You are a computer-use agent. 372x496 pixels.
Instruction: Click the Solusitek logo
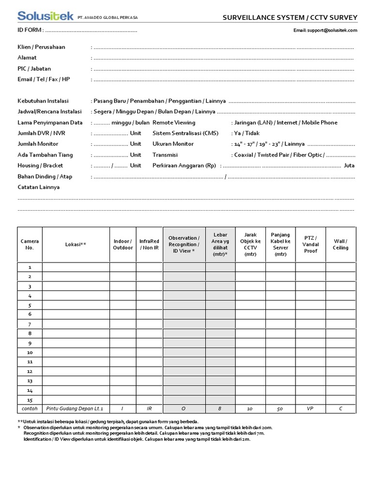click(x=45, y=16)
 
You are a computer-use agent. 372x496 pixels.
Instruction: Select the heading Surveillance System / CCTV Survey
click(x=290, y=18)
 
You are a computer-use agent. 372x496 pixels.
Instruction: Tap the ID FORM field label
click(x=31, y=30)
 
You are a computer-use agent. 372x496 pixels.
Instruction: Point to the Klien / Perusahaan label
click(x=41, y=47)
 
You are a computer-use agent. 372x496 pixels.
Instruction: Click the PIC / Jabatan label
click(x=34, y=69)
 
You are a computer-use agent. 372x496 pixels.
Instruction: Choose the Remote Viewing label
click(x=174, y=123)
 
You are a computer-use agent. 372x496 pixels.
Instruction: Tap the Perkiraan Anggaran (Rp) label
click(x=184, y=165)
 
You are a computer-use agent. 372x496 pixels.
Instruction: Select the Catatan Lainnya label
click(x=38, y=187)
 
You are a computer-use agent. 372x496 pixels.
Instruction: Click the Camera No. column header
click(x=30, y=244)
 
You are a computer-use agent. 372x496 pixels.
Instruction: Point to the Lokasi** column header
click(x=76, y=245)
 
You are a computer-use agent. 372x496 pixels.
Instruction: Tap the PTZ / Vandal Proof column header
click(x=310, y=245)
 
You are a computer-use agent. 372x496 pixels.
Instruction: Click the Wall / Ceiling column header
click(x=341, y=245)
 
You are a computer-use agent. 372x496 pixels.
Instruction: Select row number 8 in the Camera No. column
click(x=30, y=333)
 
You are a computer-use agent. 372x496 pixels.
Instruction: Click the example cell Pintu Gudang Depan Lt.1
click(x=76, y=408)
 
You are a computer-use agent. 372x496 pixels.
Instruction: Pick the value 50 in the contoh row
click(x=280, y=408)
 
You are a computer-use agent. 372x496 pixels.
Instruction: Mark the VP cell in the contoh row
click(x=310, y=408)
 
